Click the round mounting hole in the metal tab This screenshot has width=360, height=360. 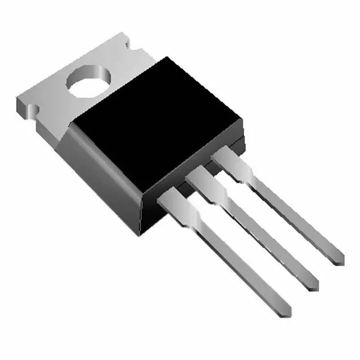click(x=87, y=82)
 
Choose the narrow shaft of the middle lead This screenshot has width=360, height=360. click(x=264, y=242)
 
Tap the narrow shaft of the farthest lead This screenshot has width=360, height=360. click(x=292, y=217)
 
